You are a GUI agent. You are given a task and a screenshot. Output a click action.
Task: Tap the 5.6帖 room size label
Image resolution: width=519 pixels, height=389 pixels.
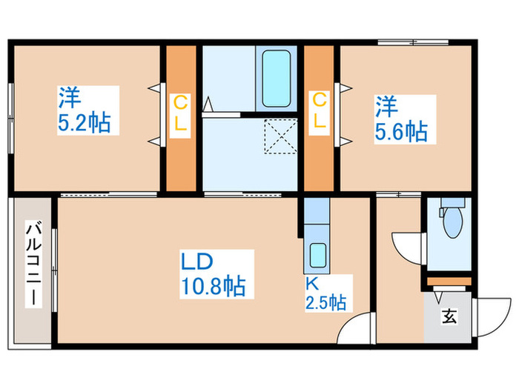(x=400, y=131)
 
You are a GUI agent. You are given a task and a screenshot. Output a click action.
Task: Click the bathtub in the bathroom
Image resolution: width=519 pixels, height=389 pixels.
(x=277, y=79)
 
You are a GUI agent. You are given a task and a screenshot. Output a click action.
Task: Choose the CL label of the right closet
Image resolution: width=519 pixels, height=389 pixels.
(x=320, y=111)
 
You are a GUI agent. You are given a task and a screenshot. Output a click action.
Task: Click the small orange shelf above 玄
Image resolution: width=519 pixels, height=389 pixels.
(x=449, y=281)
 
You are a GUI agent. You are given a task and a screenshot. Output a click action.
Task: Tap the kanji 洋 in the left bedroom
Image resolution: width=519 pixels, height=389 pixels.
(x=70, y=97)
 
